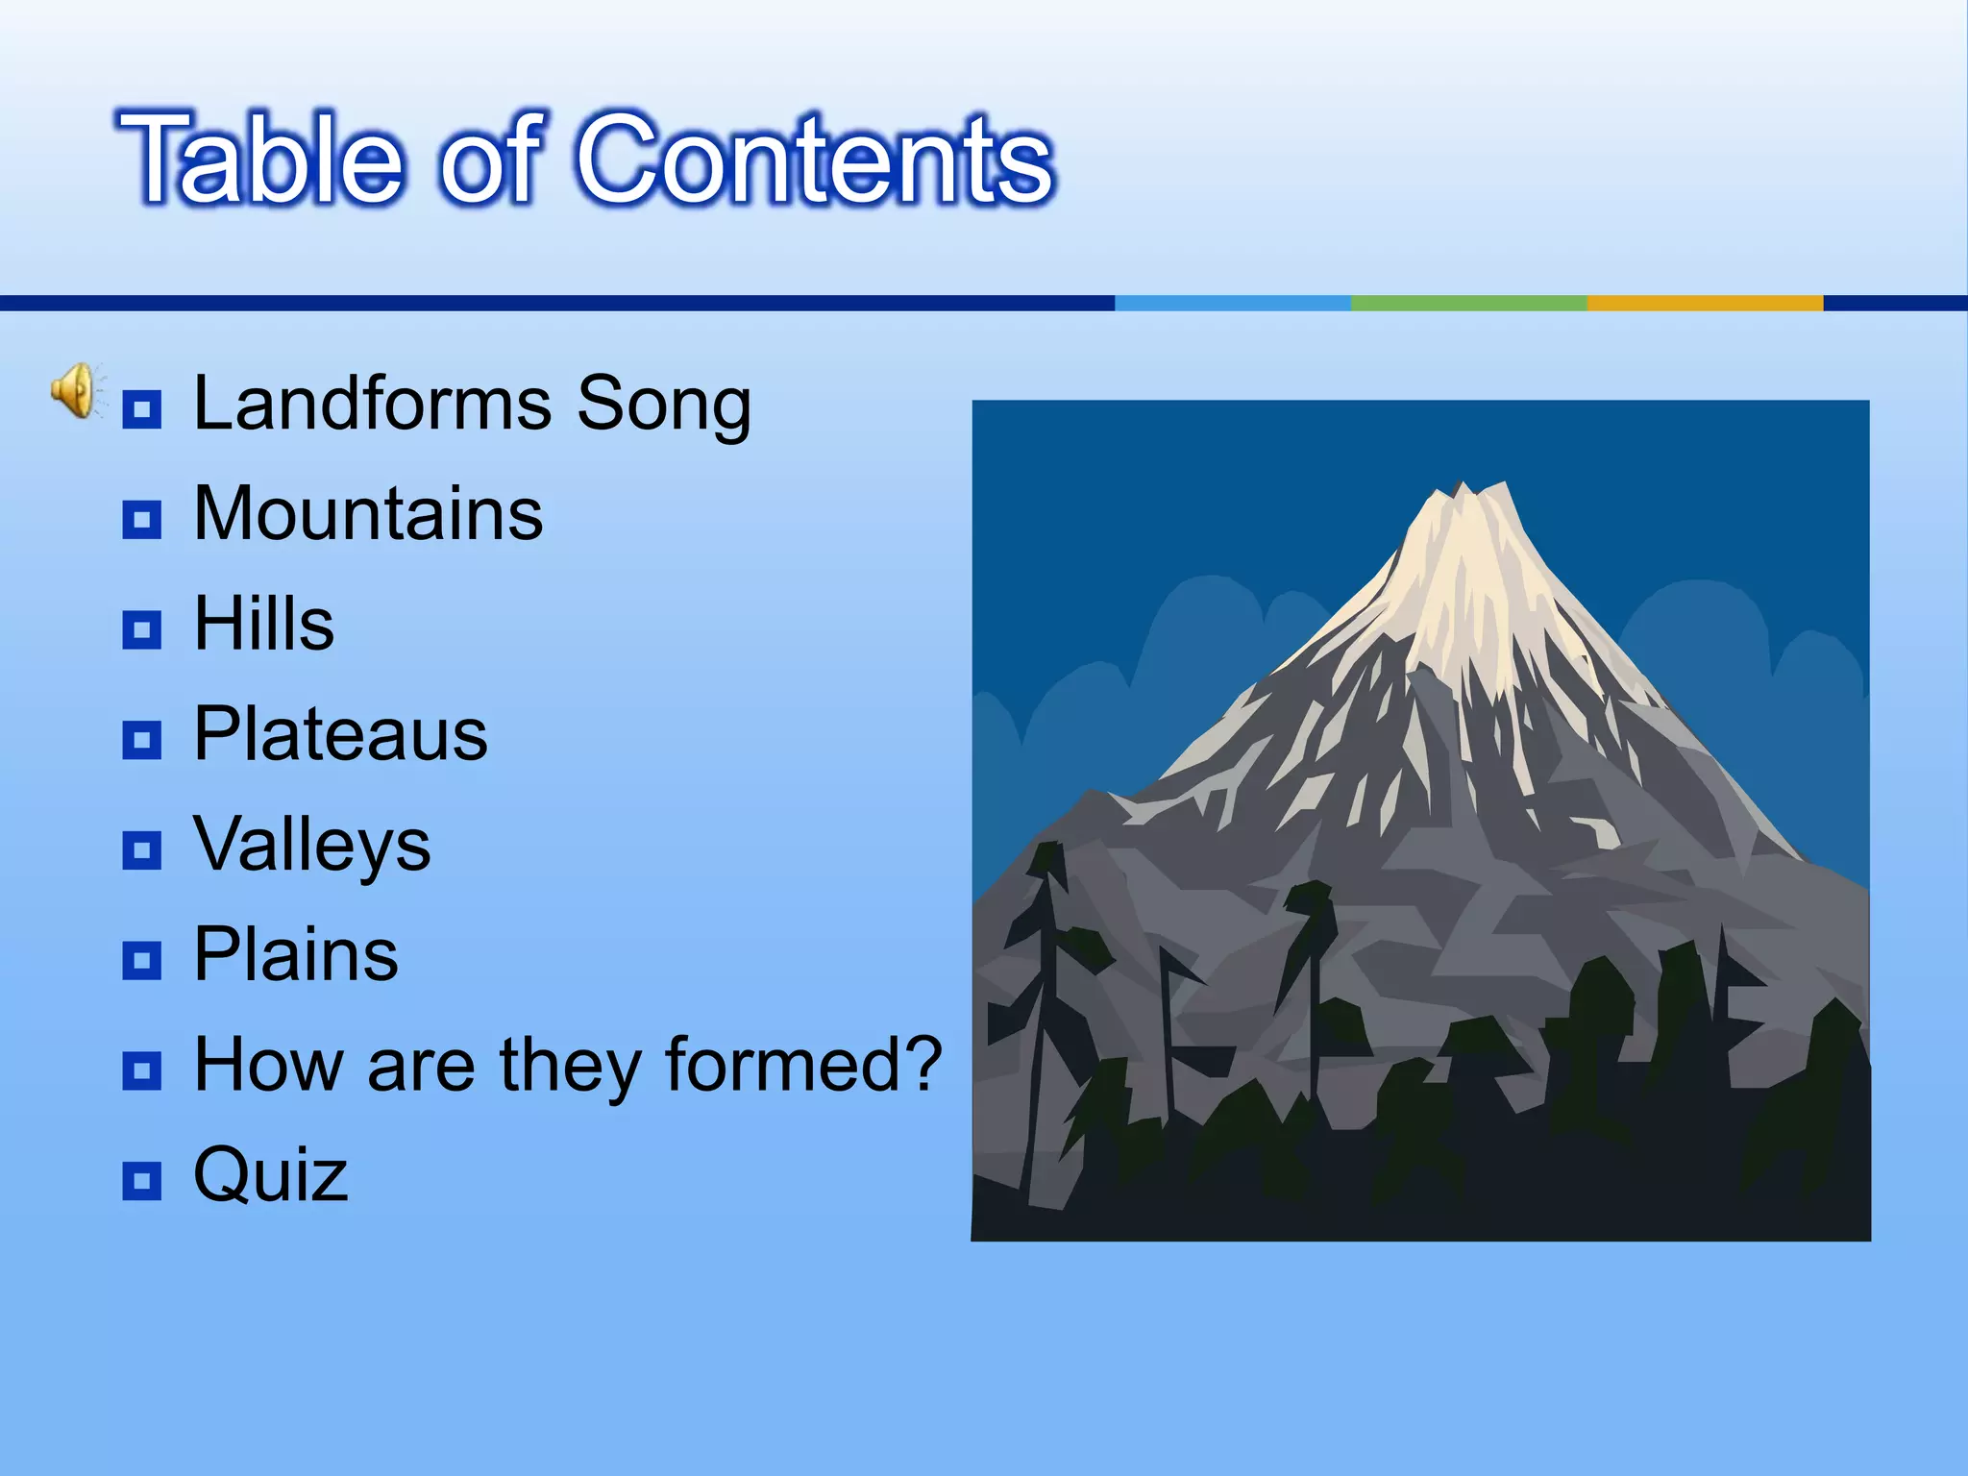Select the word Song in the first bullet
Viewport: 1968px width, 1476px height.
[663, 404]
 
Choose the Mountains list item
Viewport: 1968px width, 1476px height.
[368, 514]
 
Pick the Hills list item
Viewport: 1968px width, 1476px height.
[264, 625]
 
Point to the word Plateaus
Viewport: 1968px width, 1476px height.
[340, 735]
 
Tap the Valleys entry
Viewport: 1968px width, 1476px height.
[311, 846]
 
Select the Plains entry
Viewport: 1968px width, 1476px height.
[296, 955]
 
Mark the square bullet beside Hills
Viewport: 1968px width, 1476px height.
[142, 630]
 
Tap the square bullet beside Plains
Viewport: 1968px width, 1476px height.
[142, 960]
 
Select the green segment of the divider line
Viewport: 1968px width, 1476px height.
[1467, 303]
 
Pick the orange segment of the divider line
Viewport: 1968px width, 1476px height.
[1704, 303]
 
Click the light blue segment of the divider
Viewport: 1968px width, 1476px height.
[1232, 303]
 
